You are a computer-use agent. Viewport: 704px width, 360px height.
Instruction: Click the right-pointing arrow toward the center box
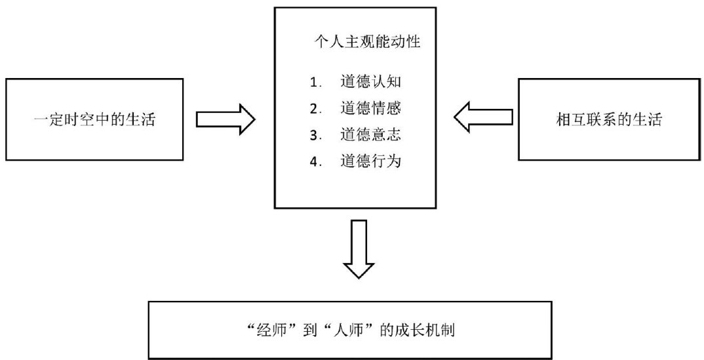(x=225, y=119)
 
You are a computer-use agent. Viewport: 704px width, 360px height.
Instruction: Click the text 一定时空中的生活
(x=95, y=120)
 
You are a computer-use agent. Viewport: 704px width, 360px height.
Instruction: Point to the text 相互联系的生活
(x=607, y=120)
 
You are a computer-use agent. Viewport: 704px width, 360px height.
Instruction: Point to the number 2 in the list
(x=315, y=109)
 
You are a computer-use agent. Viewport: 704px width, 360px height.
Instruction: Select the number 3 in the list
(x=315, y=136)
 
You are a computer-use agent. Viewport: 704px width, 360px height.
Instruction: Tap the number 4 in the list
(x=315, y=162)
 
